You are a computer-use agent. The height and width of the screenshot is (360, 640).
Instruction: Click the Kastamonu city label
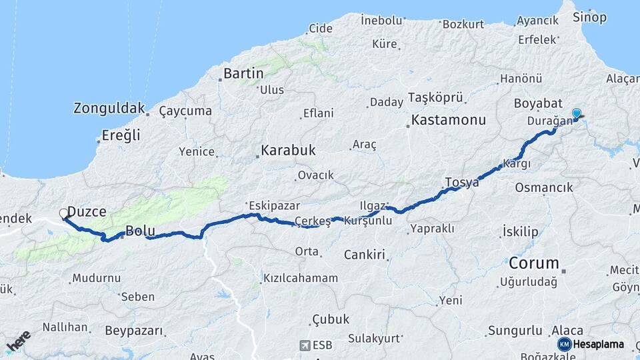(449, 121)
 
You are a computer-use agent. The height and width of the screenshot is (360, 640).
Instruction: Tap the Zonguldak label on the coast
(109, 108)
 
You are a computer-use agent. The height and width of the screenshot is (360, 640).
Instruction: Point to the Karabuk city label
(288, 150)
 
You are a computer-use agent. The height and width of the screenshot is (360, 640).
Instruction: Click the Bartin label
(243, 73)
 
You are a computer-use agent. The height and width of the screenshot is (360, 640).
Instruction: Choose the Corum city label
(533, 262)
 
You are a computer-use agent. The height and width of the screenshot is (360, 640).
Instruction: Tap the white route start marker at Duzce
(64, 214)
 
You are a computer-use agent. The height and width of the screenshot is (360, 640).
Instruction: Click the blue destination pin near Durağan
(577, 114)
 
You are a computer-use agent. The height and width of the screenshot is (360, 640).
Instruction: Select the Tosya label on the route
(462, 182)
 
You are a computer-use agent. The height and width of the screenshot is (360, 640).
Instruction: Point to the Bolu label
(140, 231)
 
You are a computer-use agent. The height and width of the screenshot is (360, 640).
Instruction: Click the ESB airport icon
(305, 345)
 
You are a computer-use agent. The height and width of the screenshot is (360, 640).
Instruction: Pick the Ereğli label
(121, 135)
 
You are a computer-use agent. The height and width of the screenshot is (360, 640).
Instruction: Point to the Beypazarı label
(134, 331)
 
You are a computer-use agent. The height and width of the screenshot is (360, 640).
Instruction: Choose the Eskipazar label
(273, 205)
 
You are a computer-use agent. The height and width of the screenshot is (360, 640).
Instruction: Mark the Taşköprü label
(435, 97)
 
